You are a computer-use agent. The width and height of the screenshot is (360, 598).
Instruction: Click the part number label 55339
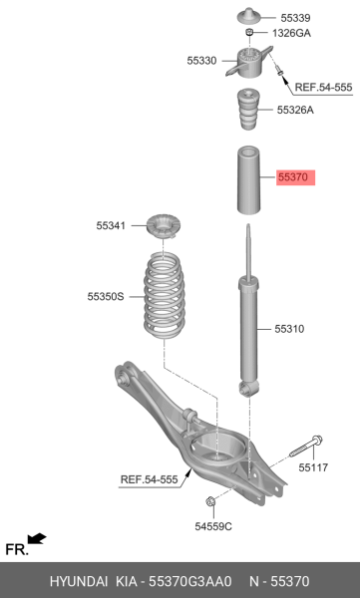[295, 18]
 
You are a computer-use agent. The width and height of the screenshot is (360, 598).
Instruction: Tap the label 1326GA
[290, 34]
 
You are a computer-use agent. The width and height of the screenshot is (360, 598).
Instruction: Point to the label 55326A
[295, 110]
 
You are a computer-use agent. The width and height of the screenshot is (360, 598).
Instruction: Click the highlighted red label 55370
[296, 178]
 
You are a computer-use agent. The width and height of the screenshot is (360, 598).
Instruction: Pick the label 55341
[112, 227]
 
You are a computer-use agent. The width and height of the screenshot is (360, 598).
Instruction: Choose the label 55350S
[105, 296]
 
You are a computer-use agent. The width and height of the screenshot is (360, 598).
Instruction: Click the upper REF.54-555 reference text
[324, 87]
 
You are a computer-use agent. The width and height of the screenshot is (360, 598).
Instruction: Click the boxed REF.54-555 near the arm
[149, 479]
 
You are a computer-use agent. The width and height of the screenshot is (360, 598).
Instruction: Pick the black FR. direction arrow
[37, 539]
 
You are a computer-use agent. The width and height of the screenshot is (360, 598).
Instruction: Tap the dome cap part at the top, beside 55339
[247, 17]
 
